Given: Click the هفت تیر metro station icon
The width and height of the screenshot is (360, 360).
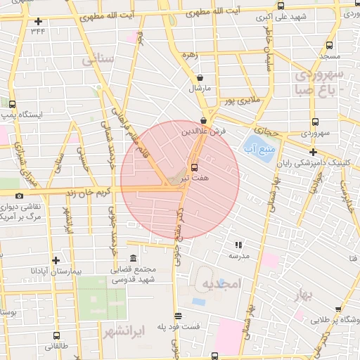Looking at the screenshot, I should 194,167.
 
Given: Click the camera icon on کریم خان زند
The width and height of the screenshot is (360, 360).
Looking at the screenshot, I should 19,195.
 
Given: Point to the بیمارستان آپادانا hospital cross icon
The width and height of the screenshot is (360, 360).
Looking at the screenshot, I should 53,260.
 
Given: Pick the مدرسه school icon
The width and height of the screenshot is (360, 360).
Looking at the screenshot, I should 238,245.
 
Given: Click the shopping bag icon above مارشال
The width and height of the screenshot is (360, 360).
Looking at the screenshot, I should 200,78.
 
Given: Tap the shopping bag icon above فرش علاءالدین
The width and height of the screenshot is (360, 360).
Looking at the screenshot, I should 203,120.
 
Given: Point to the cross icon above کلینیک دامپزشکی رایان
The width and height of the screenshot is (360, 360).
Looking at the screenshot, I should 313,151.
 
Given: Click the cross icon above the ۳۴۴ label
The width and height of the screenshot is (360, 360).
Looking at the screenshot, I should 37,21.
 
